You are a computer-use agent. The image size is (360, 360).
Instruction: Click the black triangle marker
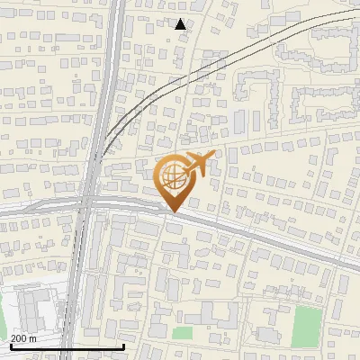click(181, 24)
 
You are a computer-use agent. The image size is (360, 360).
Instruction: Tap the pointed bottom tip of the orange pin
click(172, 212)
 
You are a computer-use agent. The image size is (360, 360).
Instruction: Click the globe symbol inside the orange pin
click(173, 180)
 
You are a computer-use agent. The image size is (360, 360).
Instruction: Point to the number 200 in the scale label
click(18, 337)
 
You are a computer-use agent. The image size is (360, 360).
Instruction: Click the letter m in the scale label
click(34, 337)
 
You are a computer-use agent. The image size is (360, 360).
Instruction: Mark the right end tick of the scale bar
click(123, 346)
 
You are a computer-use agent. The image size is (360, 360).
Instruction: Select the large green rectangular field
click(308, 326)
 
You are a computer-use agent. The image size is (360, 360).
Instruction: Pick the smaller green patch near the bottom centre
click(183, 333)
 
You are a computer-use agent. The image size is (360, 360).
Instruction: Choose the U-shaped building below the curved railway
click(255, 87)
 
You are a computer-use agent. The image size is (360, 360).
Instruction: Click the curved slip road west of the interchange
click(36, 205)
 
